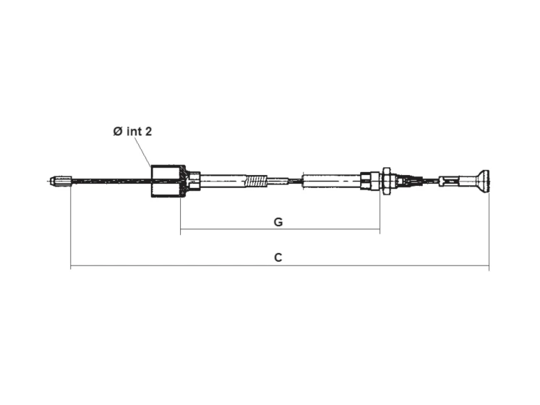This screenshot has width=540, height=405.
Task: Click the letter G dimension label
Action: click(x=278, y=222)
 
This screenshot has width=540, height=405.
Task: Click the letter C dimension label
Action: click(x=278, y=257)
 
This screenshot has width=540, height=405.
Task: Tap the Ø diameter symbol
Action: click(x=118, y=132)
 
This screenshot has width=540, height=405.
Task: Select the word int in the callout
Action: click(x=134, y=132)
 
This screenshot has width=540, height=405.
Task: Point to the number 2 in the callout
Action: click(x=148, y=132)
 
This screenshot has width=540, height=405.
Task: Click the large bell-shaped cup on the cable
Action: click(x=168, y=182)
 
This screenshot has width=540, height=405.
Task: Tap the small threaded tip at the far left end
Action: click(x=60, y=181)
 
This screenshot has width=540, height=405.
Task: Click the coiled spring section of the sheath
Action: click(x=256, y=181)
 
